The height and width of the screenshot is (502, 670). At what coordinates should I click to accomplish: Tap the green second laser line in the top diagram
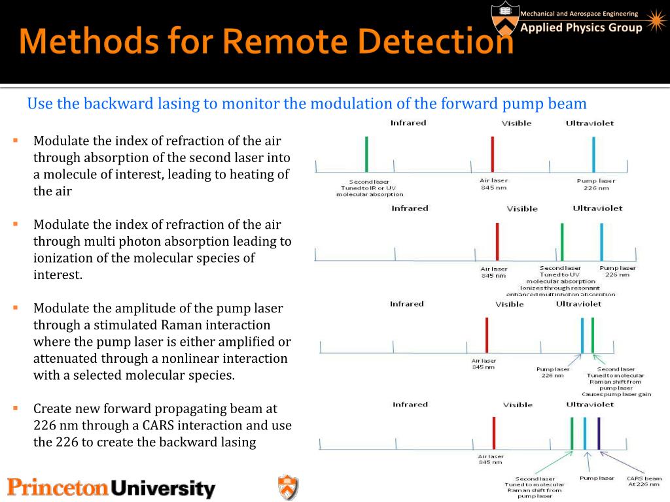366,154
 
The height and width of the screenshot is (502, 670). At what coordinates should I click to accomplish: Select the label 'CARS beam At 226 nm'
644,481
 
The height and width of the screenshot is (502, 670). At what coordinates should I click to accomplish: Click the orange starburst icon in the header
654,22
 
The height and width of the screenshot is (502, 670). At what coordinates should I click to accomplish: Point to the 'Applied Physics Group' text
581,28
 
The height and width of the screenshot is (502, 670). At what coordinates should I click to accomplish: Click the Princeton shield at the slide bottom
288,488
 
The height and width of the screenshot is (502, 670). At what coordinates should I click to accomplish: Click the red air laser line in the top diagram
492,154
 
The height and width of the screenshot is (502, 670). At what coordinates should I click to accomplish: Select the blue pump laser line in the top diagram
593,154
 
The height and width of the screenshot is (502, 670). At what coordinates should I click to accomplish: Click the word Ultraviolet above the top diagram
590,123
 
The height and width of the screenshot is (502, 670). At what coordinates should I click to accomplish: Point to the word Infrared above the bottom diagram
410,405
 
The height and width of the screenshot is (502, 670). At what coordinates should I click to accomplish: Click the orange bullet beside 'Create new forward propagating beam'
14,408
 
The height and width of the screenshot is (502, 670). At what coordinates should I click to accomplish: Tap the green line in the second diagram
561,243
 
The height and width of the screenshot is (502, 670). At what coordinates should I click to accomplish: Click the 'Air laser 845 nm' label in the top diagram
494,184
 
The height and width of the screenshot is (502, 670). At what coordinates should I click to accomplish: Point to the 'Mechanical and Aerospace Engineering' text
578,14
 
